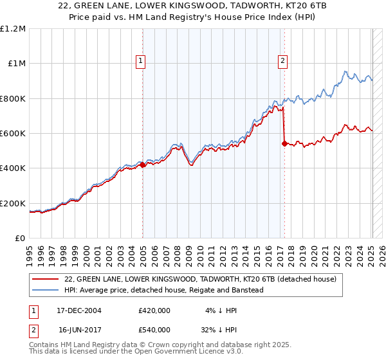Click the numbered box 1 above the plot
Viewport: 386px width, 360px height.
click(x=140, y=62)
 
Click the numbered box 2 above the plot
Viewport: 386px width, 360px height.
click(x=282, y=62)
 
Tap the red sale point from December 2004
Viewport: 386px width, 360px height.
click(x=143, y=165)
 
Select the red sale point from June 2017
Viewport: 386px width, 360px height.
click(x=284, y=144)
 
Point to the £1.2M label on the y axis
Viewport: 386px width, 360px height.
click(x=14, y=29)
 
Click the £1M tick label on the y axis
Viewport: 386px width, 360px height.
click(x=17, y=64)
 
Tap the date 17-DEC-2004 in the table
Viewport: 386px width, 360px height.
click(x=80, y=310)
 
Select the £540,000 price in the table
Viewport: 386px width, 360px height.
click(x=154, y=329)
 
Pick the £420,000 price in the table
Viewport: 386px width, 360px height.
click(x=154, y=310)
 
